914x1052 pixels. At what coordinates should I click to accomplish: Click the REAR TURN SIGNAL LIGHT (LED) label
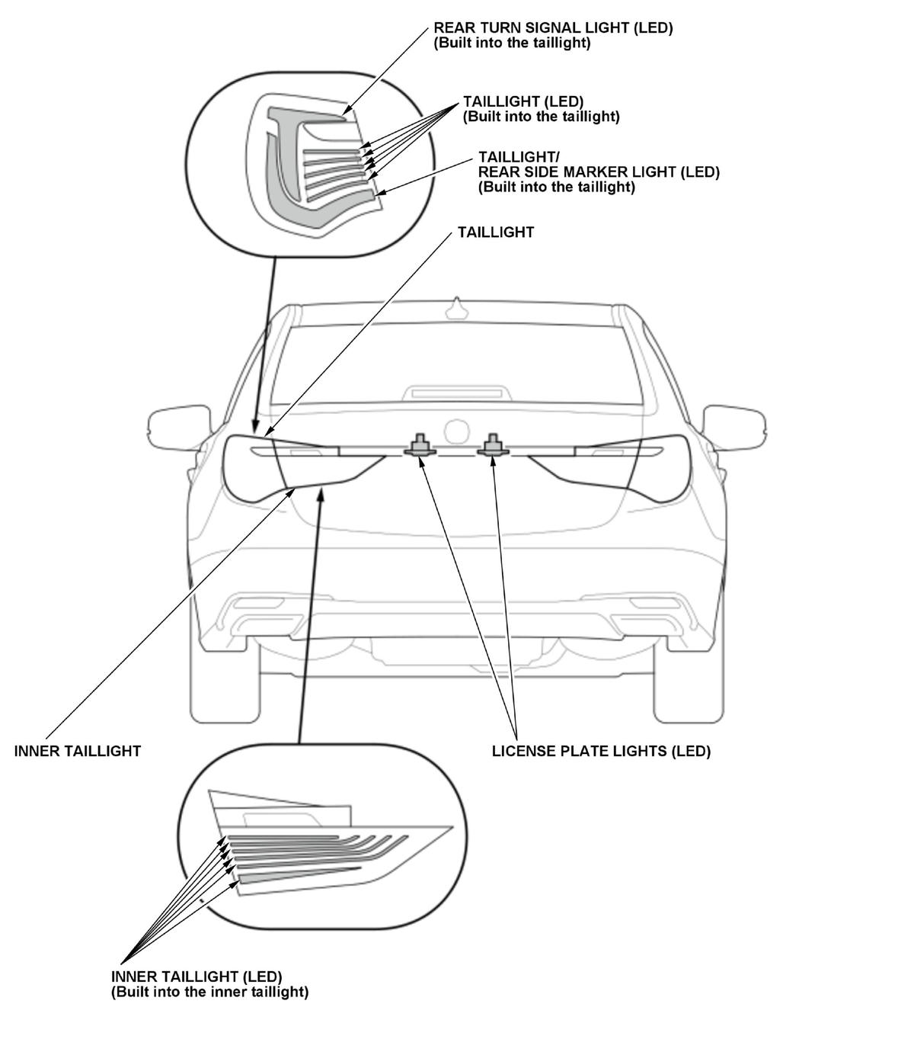pyautogui.click(x=553, y=28)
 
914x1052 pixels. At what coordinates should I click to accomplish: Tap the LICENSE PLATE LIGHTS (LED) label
pyautogui.click(x=601, y=751)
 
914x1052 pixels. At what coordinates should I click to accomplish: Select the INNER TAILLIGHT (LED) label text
pyautogui.click(x=197, y=977)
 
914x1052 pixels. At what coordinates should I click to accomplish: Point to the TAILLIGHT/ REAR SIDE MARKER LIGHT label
pyautogui.click(x=599, y=172)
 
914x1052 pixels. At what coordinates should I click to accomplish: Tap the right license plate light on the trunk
pyautogui.click(x=493, y=445)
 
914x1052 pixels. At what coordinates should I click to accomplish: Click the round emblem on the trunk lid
pyautogui.click(x=458, y=431)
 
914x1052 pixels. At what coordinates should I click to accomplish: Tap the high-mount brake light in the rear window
pyautogui.click(x=456, y=393)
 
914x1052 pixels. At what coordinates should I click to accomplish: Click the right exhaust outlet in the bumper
pyautogui.click(x=658, y=606)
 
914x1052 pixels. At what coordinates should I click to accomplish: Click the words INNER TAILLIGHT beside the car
pyautogui.click(x=78, y=751)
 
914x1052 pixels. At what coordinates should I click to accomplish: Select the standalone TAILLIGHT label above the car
pyautogui.click(x=495, y=233)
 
